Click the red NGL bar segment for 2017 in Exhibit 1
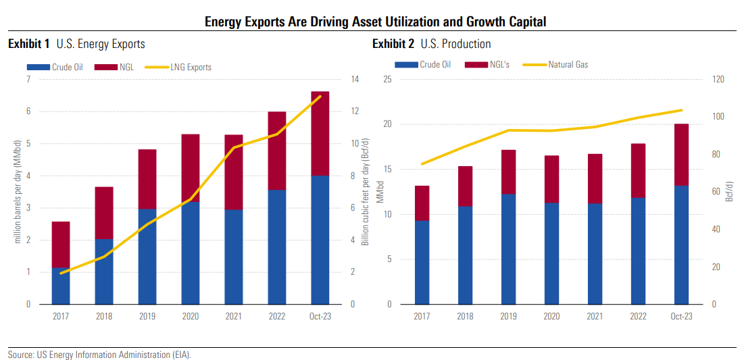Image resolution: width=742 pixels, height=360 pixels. (x=61, y=245)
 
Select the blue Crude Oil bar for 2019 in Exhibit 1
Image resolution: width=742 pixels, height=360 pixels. (x=147, y=257)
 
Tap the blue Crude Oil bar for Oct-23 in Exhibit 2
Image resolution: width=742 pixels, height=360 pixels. (x=681, y=245)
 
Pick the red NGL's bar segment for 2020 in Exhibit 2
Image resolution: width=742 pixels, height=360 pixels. (x=551, y=179)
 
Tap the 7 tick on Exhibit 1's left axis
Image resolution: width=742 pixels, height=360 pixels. (x=28, y=80)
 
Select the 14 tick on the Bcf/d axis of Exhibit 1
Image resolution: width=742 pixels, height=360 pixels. (x=353, y=80)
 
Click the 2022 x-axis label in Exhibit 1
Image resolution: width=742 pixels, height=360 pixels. (x=277, y=316)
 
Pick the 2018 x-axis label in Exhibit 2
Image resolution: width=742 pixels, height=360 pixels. (x=465, y=316)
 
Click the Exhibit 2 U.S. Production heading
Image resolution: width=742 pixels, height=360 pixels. (x=432, y=44)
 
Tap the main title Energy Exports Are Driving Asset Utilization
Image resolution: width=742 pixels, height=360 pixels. (x=375, y=22)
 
